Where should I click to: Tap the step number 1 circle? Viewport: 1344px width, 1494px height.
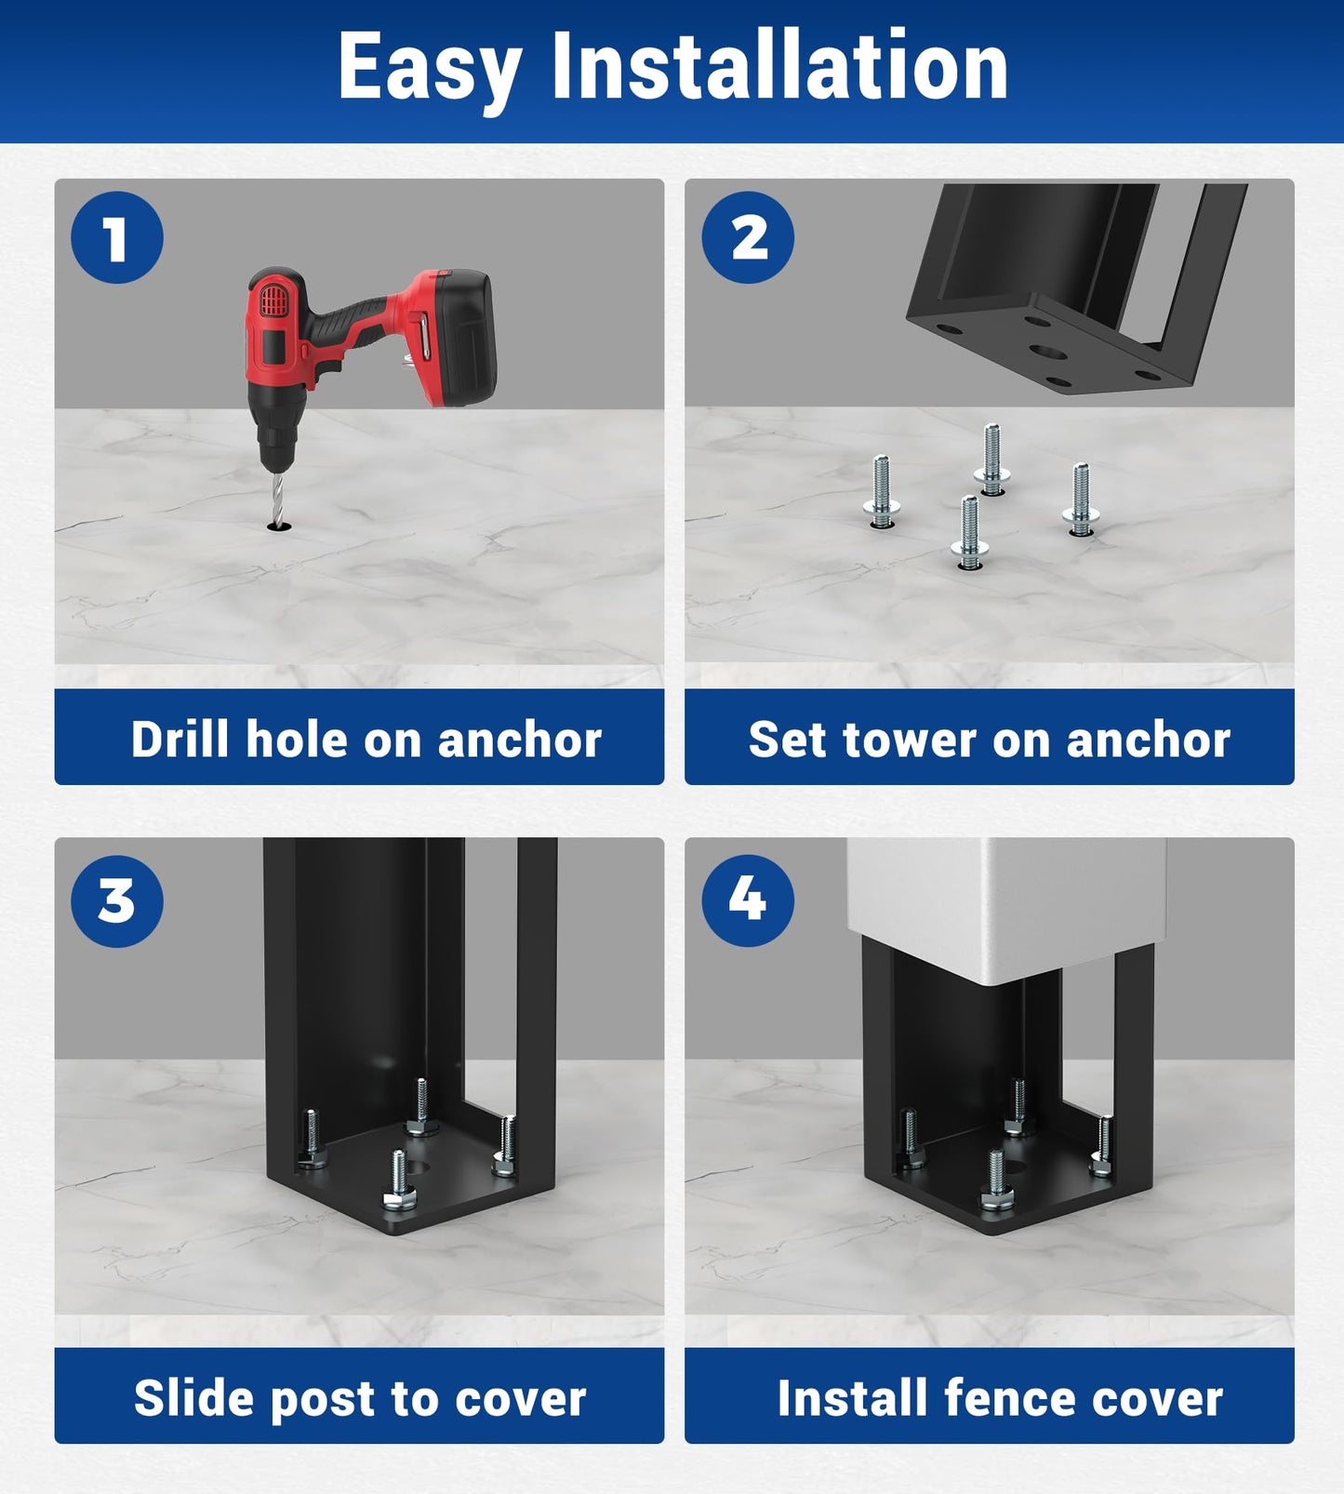click(x=117, y=237)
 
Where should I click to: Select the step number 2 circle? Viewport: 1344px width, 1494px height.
click(x=748, y=237)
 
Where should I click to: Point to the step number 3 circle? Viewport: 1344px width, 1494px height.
click(x=117, y=900)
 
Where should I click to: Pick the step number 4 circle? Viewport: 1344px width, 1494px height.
click(x=748, y=900)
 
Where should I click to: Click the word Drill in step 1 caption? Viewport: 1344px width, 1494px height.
click(x=180, y=740)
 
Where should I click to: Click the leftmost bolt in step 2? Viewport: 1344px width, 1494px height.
click(x=881, y=492)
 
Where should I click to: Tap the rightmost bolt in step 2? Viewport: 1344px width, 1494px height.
click(x=1081, y=500)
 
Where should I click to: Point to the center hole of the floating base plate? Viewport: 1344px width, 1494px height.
click(x=1048, y=353)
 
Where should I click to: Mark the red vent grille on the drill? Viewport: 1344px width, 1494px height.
click(x=272, y=300)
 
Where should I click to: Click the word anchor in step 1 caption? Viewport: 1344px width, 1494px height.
click(x=519, y=740)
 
